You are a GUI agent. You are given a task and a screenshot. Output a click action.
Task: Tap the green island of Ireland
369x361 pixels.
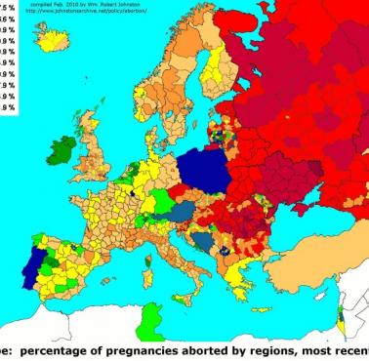tap(60, 151)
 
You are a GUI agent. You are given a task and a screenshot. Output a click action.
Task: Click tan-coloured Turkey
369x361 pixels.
tap(312, 278)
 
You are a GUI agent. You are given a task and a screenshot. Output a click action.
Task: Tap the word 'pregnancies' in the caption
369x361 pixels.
tap(145, 351)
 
